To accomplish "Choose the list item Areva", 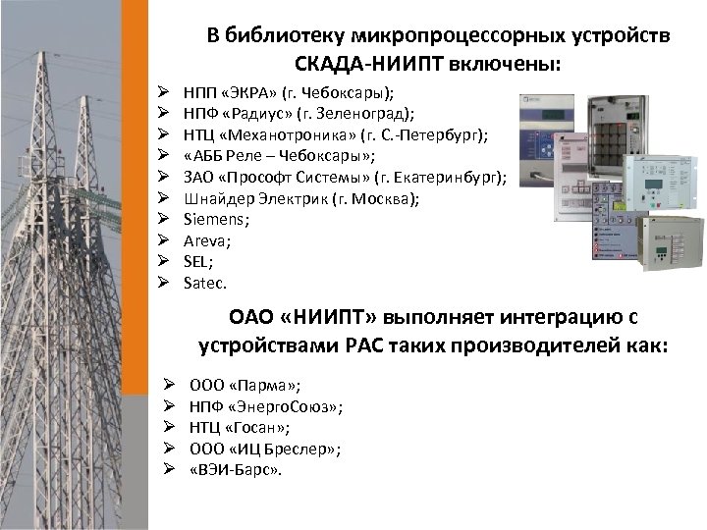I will [202, 239].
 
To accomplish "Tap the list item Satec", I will [204, 283].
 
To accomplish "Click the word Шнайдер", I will [217, 199].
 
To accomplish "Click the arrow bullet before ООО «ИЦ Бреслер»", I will [168, 449].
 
